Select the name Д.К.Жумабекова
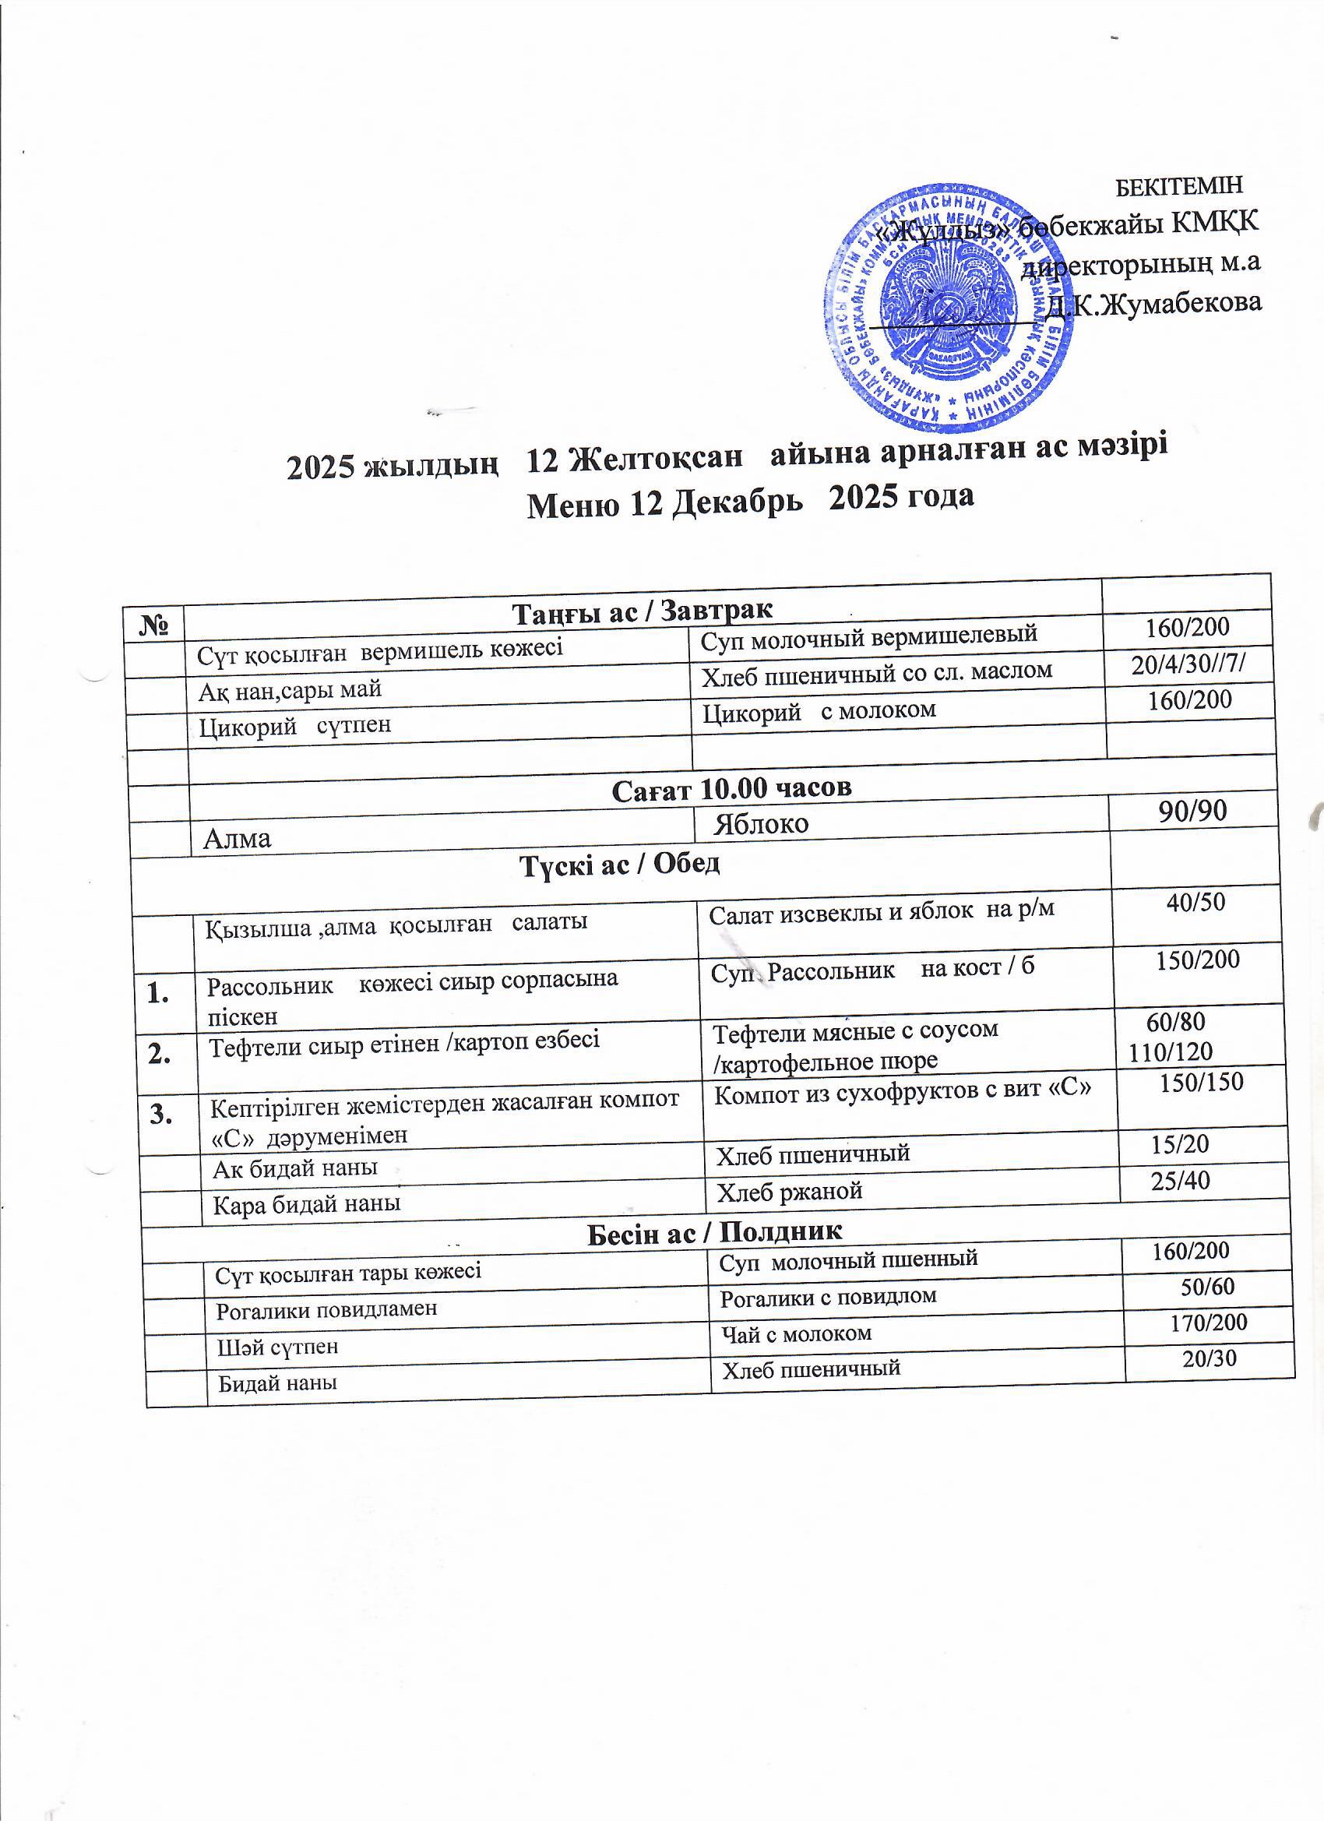click(x=1153, y=304)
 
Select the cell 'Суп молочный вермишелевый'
click(x=868, y=636)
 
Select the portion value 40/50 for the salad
click(x=1195, y=902)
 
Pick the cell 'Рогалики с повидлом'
click(x=828, y=1296)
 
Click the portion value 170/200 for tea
click(x=1209, y=1323)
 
